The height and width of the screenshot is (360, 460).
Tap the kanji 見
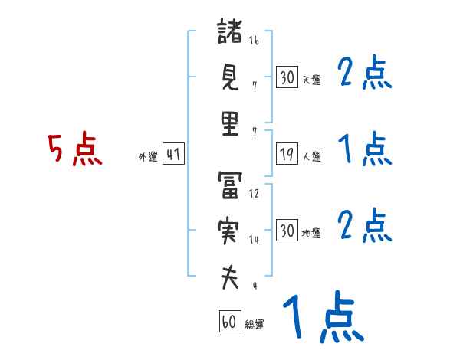[x=230, y=79]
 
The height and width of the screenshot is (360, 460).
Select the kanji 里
[x=230, y=125]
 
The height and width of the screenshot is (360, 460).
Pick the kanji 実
[x=230, y=232]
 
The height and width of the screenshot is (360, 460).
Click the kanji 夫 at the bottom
[x=230, y=277]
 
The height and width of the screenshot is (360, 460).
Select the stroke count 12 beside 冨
[x=254, y=195]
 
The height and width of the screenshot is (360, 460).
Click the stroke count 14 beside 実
[x=254, y=240]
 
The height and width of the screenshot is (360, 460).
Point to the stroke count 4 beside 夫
[x=254, y=286]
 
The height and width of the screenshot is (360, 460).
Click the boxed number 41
[x=173, y=154]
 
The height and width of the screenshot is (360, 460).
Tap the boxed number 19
[x=287, y=154]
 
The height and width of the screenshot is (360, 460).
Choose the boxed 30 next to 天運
[x=287, y=77]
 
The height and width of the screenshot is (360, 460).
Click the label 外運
[x=148, y=157]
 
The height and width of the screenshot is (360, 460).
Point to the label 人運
[x=312, y=157]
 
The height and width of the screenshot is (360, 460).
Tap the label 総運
[x=255, y=325]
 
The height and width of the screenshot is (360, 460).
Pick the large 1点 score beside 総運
[x=323, y=317]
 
